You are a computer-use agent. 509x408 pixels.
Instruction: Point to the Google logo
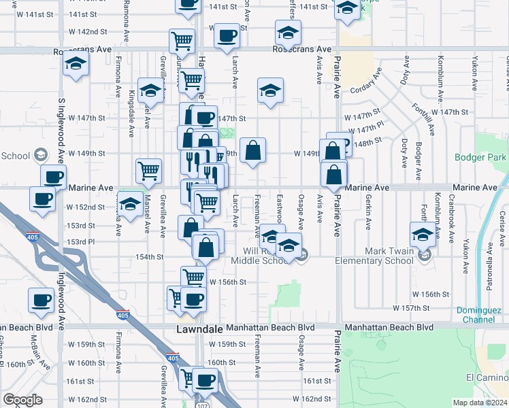(22, 400)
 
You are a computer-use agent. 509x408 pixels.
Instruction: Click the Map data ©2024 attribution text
(480, 403)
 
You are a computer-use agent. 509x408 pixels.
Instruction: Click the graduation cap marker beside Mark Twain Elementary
(423, 235)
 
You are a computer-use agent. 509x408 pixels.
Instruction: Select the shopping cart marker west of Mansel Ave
(148, 171)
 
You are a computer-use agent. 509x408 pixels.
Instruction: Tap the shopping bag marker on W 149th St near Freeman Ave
(252, 151)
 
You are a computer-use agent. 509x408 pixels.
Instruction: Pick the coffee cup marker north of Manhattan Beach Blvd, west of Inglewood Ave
(42, 300)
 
